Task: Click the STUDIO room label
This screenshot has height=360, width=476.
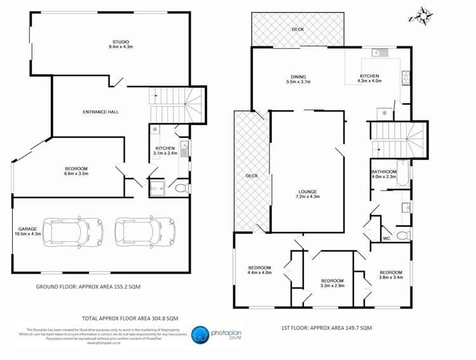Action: pos(120,44)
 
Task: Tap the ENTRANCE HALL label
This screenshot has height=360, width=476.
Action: pos(100,112)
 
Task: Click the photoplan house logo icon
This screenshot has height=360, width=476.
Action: pos(200,335)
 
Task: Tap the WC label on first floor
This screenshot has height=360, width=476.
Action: pos(386,239)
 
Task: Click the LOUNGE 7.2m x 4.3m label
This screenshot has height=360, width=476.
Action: pos(308,194)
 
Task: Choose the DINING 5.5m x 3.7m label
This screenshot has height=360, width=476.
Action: pos(298,79)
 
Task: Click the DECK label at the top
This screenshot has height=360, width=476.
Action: pos(298,29)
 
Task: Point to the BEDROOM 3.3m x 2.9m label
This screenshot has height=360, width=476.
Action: pos(332,284)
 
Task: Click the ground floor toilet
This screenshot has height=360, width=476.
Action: pos(180,188)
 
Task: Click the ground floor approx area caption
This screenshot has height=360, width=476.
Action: pos(88,287)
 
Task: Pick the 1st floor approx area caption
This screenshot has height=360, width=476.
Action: pos(326,328)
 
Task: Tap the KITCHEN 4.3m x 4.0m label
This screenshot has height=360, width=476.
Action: pos(369,79)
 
